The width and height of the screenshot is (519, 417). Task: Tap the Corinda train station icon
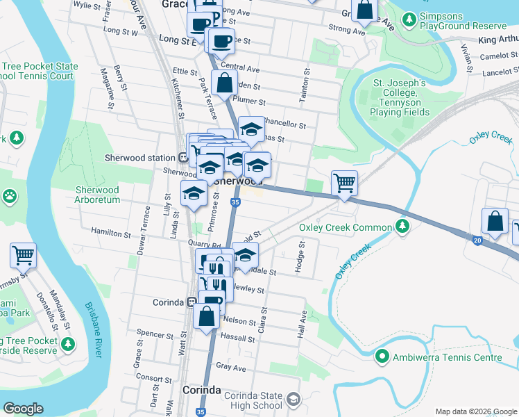click(x=191, y=302)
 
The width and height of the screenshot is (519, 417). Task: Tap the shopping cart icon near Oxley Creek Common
click(x=344, y=183)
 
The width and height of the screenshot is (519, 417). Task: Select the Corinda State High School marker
click(x=293, y=400)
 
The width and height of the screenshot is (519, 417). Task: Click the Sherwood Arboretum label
click(x=97, y=195)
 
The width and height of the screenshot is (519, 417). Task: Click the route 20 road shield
click(x=477, y=240)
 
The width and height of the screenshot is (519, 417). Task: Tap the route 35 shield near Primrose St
click(x=236, y=202)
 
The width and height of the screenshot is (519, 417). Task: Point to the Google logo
click(x=23, y=409)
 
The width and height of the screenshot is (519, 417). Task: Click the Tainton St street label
click(x=303, y=87)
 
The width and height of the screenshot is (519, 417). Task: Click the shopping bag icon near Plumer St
click(x=225, y=83)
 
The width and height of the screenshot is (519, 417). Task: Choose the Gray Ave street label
click(x=232, y=367)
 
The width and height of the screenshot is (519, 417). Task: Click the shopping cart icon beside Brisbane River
click(x=23, y=255)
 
